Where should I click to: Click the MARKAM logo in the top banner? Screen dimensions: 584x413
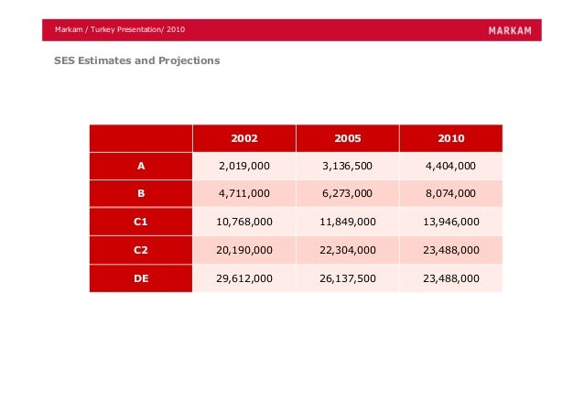[x=510, y=30]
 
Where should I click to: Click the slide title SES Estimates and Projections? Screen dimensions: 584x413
[x=137, y=60]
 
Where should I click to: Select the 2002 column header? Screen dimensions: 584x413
[x=244, y=138]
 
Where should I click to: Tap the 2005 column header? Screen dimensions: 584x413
[x=348, y=138]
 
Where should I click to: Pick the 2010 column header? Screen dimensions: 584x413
[x=451, y=138]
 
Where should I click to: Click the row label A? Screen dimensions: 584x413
[x=141, y=166]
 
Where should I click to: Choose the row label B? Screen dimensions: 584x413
[x=141, y=193]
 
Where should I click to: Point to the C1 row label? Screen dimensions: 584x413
[x=140, y=222]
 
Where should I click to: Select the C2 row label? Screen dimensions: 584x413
[x=140, y=250]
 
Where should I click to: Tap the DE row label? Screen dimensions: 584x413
[x=141, y=278]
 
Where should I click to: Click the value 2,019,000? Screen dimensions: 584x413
[x=244, y=166]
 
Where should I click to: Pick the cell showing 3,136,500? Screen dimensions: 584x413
[x=348, y=166]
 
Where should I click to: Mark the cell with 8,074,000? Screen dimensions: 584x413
[x=450, y=193]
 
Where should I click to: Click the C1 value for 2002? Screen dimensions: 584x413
[x=244, y=222]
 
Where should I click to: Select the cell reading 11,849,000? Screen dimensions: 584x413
[x=348, y=222]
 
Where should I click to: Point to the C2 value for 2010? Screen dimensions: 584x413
[x=451, y=250]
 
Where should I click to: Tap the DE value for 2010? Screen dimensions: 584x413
[x=451, y=278]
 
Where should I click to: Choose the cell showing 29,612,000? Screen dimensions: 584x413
[x=244, y=278]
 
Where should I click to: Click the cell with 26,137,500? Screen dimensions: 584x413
[x=348, y=278]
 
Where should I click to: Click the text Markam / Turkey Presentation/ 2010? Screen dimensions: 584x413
[x=120, y=29]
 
